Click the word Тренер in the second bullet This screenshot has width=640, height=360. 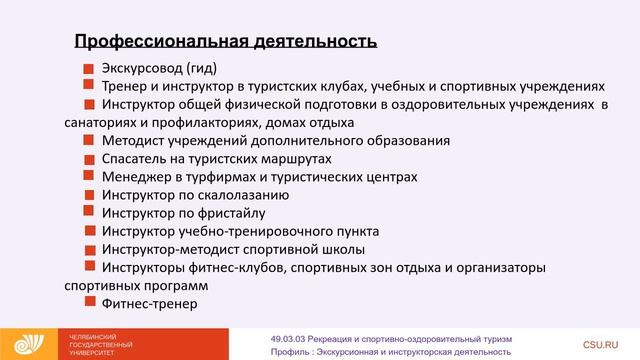(124, 87)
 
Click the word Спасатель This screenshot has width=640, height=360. (135, 159)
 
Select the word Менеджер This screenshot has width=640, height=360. (134, 177)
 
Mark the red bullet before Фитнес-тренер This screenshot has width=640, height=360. (89, 304)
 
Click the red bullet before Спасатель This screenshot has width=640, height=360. (89, 159)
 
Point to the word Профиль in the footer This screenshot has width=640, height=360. (292, 351)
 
